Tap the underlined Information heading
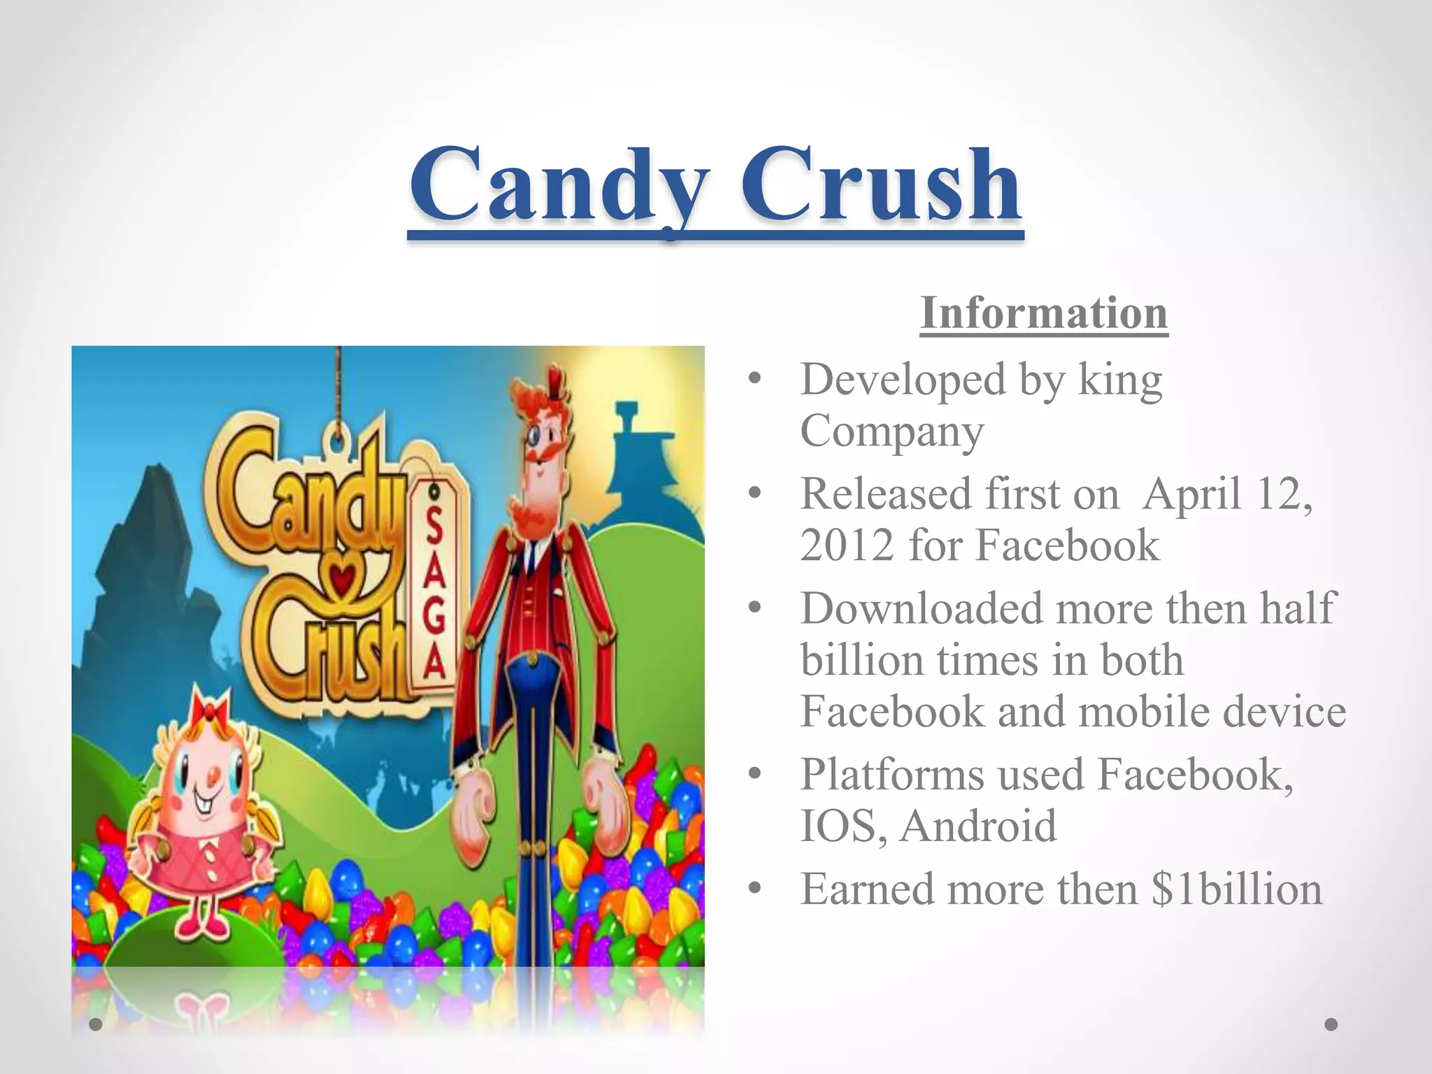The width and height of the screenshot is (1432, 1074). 1043,313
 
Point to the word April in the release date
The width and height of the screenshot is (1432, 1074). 1193,494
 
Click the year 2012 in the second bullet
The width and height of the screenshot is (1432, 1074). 847,545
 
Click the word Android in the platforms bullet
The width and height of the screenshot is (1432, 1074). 978,826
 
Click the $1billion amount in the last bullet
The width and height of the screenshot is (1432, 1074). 1236,889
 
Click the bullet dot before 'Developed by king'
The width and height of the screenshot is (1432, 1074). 754,380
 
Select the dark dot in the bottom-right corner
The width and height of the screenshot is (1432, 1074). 1331,1024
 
